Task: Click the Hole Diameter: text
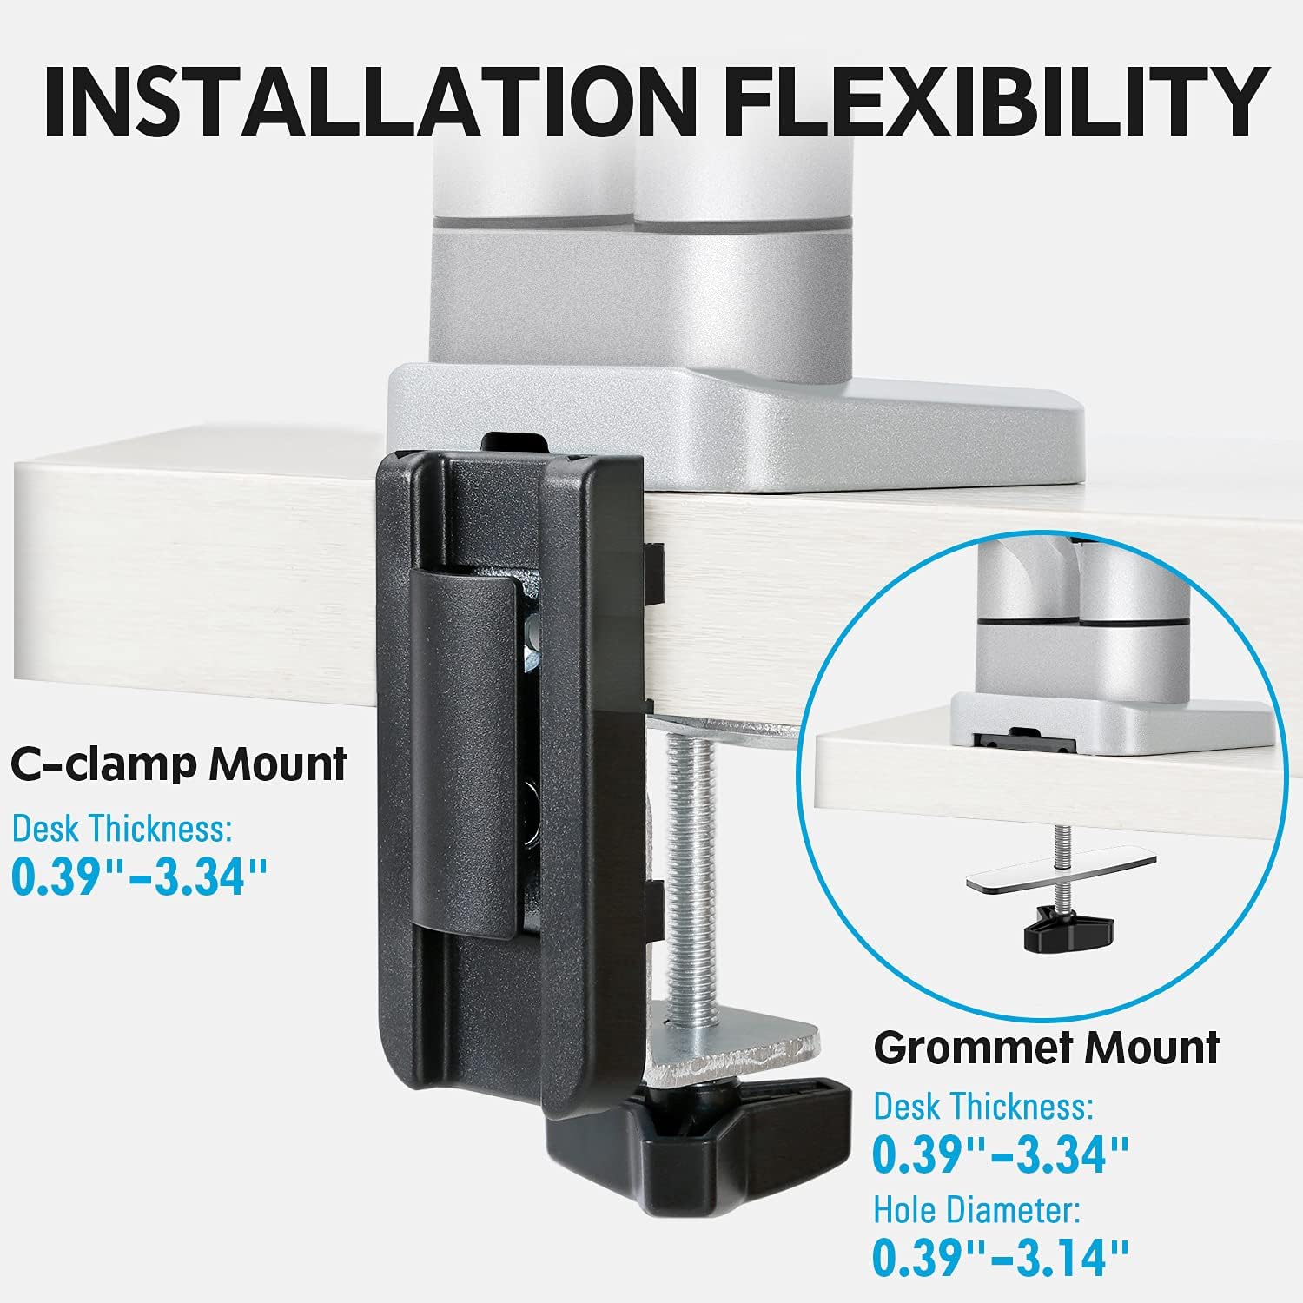pos(977,1209)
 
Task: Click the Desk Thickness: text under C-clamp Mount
pos(122,829)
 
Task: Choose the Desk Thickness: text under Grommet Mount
pos(983,1107)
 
